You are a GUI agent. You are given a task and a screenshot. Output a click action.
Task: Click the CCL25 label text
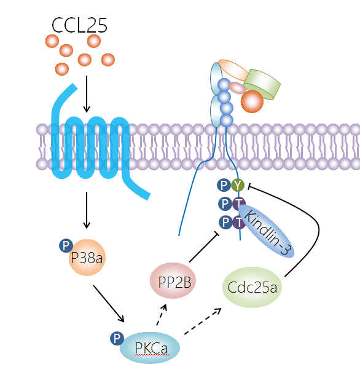79,25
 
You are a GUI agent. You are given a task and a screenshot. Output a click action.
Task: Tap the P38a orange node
87,258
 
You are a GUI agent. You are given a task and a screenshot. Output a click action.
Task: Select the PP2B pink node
173,280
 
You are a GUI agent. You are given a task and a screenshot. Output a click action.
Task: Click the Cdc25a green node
252,287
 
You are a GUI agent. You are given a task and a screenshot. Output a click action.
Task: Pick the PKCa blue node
150,348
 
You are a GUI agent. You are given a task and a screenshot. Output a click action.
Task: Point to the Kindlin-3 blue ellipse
266,231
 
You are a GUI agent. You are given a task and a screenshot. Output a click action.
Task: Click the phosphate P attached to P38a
66,245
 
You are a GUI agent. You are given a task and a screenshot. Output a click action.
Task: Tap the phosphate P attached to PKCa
117,338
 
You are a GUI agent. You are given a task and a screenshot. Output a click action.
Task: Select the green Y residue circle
238,185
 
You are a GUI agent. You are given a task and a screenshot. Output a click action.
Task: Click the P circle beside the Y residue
224,185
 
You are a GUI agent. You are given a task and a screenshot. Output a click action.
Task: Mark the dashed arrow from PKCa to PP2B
162,315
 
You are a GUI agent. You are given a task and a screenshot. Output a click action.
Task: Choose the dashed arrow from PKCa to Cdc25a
203,321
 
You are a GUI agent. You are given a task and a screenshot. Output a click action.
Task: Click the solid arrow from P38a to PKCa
109,304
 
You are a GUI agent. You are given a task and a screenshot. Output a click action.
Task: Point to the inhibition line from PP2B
205,247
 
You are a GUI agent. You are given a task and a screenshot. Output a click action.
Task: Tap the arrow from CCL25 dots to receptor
87,94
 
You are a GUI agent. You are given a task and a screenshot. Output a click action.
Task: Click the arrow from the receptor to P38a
87,210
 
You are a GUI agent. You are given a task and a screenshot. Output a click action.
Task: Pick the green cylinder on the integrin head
262,84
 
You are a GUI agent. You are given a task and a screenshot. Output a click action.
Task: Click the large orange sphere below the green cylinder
252,101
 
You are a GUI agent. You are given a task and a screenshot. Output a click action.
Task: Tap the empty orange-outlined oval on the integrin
233,70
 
